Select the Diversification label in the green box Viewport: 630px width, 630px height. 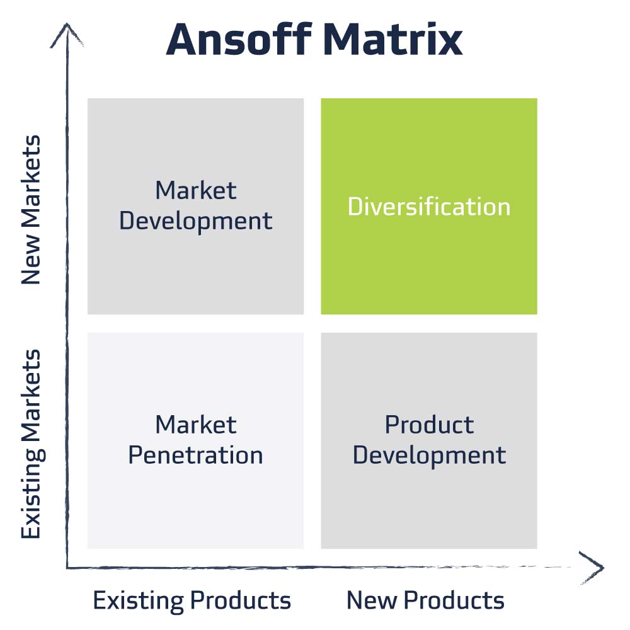click(x=429, y=207)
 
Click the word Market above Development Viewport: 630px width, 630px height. click(x=196, y=190)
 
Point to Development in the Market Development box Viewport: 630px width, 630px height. click(x=196, y=221)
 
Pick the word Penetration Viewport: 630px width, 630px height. click(x=195, y=455)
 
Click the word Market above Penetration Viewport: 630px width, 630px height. click(x=196, y=425)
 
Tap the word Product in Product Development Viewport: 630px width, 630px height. click(x=429, y=425)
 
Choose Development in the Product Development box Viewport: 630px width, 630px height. click(x=429, y=455)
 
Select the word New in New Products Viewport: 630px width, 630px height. click(x=368, y=600)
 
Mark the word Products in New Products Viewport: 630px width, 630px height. click(x=450, y=600)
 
